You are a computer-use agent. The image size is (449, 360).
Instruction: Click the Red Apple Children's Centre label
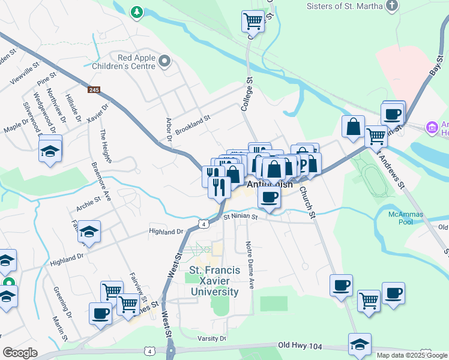coord(137,62)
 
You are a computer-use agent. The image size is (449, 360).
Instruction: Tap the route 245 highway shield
coord(94,89)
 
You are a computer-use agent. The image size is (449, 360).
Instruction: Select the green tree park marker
coord(137,11)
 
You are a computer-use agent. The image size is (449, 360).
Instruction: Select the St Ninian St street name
coord(240,217)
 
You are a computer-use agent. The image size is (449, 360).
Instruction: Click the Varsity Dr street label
coord(214,338)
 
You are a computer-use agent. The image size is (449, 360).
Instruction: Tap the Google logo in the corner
coord(19,353)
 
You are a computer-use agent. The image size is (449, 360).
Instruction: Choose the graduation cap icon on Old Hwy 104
coord(360,344)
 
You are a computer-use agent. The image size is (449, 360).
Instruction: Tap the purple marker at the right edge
coord(430,127)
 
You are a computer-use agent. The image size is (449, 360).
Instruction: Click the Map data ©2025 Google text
coord(412,355)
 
